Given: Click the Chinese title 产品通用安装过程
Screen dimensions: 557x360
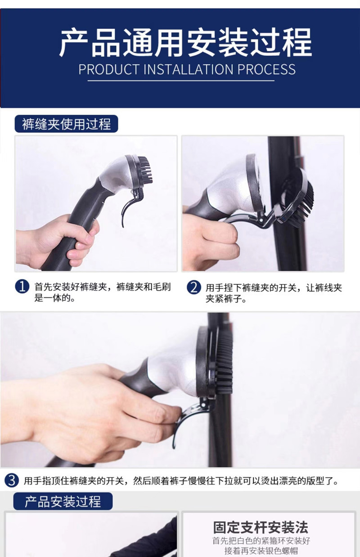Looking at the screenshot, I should click(x=185, y=43).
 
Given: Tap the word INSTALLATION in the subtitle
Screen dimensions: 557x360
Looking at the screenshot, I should click(x=188, y=70).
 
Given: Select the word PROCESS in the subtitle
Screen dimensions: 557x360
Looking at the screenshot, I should click(x=266, y=70).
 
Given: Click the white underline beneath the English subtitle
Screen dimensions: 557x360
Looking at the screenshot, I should click(x=181, y=81).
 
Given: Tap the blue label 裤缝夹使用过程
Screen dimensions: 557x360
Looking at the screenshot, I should click(x=66, y=124).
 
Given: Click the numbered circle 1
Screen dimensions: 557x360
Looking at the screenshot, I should click(x=22, y=287).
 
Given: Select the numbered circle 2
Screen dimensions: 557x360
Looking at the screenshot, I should click(x=193, y=287).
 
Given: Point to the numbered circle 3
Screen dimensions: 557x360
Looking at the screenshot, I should click(x=12, y=481).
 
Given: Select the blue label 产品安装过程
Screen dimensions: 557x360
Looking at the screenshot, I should click(x=63, y=501).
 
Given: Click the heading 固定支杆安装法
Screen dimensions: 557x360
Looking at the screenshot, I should click(x=261, y=527).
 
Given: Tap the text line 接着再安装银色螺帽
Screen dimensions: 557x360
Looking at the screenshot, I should click(x=261, y=551).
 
